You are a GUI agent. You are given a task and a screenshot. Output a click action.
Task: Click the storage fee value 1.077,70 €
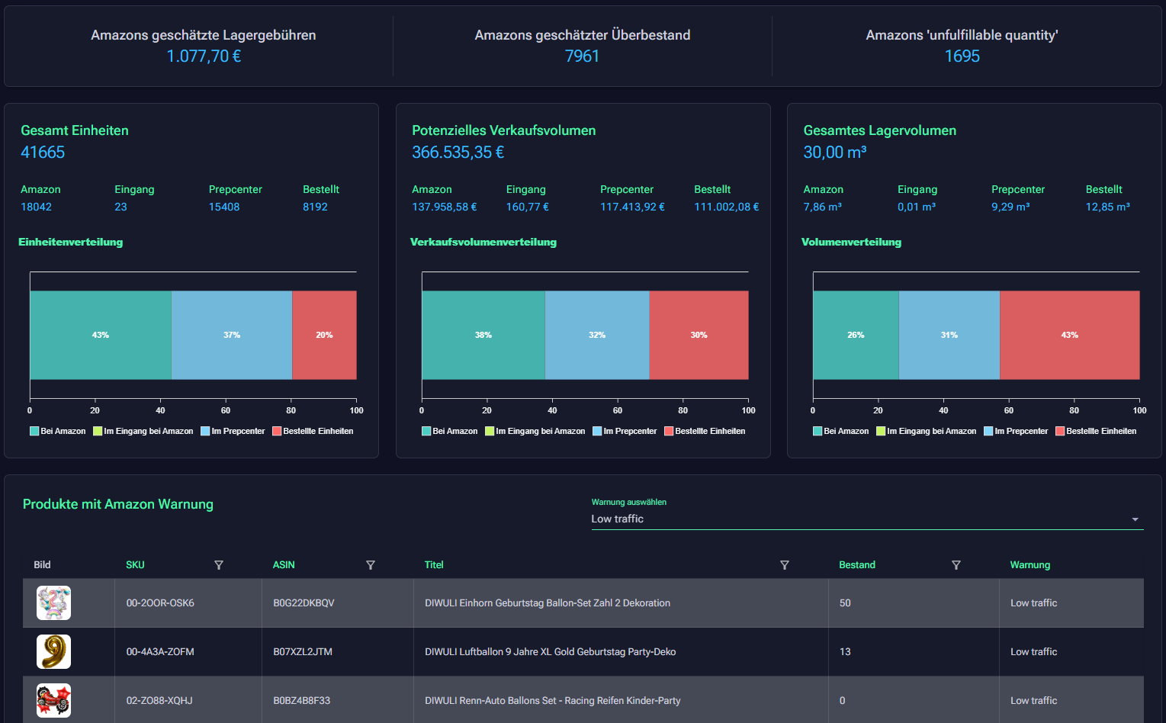[x=204, y=56]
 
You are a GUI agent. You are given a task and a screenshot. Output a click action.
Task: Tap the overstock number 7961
[x=582, y=56]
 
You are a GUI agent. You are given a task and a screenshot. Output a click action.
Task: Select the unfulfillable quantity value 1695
[x=962, y=56]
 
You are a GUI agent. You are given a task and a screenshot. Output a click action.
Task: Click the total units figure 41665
[x=43, y=153]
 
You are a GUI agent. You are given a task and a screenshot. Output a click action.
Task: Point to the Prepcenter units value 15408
[x=224, y=207]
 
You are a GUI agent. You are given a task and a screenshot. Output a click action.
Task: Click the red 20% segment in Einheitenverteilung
[x=324, y=335]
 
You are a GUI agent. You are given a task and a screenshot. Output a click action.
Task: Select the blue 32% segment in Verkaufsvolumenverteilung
[x=597, y=335]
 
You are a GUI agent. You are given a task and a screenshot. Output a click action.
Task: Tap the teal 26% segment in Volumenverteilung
[x=856, y=335]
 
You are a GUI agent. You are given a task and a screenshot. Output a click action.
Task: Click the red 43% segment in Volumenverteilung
[x=1069, y=335]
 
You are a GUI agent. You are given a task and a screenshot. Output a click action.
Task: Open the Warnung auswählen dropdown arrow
[x=1135, y=519]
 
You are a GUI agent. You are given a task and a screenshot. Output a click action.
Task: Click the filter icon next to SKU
[x=219, y=565]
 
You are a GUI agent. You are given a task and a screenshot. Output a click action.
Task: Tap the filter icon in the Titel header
[x=785, y=565]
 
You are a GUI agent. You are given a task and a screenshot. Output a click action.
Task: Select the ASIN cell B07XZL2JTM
[x=303, y=652]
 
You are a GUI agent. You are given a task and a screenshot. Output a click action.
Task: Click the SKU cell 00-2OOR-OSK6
[x=160, y=603]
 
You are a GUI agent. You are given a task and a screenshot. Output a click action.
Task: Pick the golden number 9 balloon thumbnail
[x=53, y=652]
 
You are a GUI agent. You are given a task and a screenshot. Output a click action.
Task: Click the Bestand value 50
[x=845, y=603]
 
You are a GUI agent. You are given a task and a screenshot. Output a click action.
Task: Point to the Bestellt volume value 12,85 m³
[x=1107, y=207]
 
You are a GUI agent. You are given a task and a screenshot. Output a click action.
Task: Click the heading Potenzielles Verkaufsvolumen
[x=503, y=130]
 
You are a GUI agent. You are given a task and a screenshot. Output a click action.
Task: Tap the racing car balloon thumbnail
[x=53, y=700]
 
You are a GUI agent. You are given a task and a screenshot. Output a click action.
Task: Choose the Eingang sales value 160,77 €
[x=527, y=207]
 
